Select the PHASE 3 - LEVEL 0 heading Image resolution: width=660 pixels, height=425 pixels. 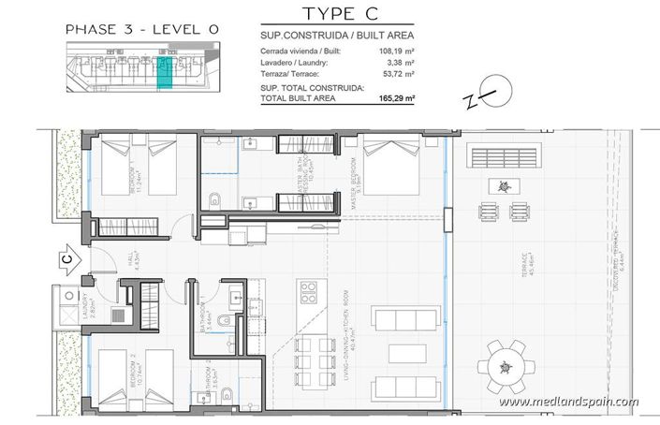pos(141,30)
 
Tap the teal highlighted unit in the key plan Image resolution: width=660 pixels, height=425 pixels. pos(165,72)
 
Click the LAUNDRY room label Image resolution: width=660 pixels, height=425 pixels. pos(83,307)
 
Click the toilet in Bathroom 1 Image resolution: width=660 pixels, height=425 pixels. pos(221,323)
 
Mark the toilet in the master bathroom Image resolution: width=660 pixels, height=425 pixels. pos(215,198)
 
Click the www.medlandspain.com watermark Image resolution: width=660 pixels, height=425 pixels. pos(568,403)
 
